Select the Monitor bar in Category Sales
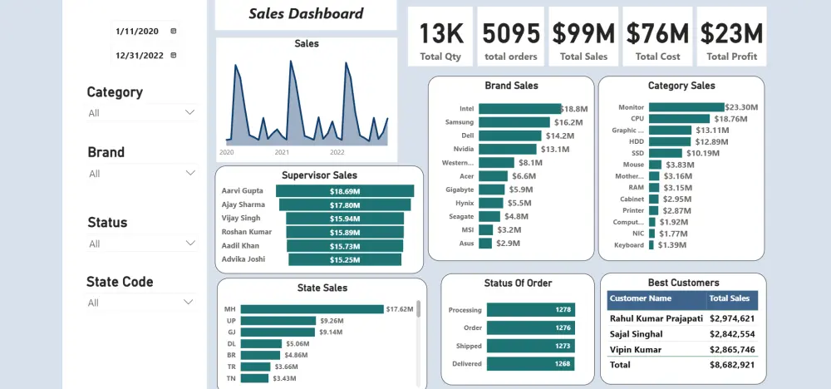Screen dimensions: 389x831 tap(686, 107)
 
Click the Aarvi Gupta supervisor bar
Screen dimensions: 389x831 tap(344, 191)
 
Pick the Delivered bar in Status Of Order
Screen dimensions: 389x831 tap(531, 363)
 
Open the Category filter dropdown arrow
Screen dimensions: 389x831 tap(190, 112)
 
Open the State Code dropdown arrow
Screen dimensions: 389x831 tap(190, 303)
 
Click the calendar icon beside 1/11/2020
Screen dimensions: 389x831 tap(173, 31)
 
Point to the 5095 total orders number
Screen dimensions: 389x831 tap(510, 33)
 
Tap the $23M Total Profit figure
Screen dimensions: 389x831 tap(731, 33)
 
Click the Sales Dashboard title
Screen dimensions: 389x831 tap(306, 13)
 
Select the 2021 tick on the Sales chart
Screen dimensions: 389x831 tap(282, 152)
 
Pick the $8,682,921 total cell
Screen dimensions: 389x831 tap(731, 365)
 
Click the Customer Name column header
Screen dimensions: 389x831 tap(640, 298)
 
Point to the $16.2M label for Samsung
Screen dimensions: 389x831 tap(568, 122)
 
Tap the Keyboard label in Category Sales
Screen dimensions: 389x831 tap(630, 245)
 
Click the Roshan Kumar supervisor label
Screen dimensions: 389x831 tap(247, 232)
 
